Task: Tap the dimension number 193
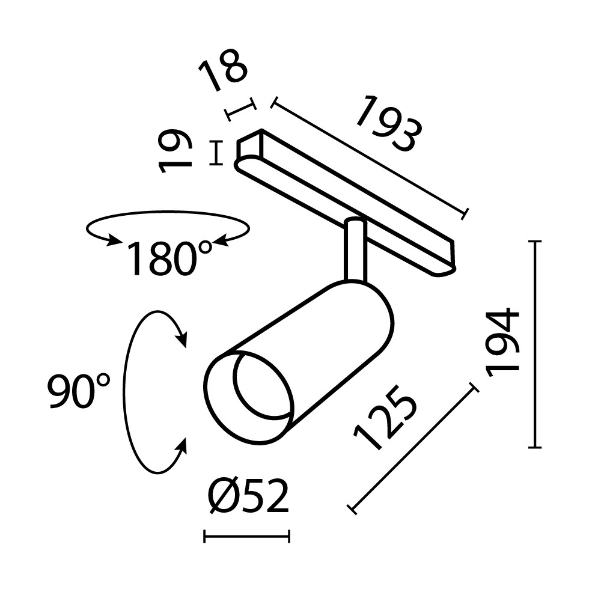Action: [386, 125]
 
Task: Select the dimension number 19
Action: [176, 152]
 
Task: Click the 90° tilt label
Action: [79, 391]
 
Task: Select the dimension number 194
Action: [502, 343]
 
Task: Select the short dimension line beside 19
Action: [216, 153]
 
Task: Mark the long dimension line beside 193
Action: [369, 159]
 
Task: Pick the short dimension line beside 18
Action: [240, 110]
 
